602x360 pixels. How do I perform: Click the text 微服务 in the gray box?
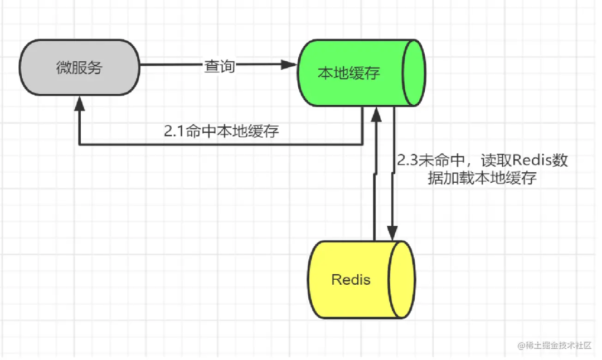coord(79,67)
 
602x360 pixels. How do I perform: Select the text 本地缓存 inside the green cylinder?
coord(349,73)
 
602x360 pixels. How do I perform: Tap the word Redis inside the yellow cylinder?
coord(351,279)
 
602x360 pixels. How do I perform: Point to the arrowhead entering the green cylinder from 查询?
coord(289,65)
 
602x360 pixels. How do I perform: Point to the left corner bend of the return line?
coord(80,145)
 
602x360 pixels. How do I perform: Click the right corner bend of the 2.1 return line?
coord(362,145)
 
